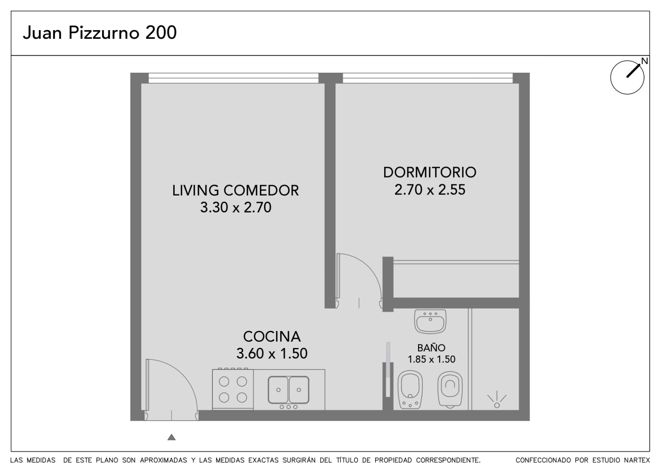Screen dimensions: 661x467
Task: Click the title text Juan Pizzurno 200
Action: pos(100,33)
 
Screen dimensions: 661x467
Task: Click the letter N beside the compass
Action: pos(644,61)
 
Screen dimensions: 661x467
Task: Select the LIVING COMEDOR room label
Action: pos(235,191)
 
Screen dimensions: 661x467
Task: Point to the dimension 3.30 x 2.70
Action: pos(236,207)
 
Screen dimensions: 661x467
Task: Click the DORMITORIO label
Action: pos(430,172)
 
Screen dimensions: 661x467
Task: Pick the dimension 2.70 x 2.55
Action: pos(430,190)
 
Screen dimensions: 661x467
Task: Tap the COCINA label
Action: pos(272,336)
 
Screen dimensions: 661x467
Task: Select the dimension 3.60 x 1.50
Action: pos(272,353)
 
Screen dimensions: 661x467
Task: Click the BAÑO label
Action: pos(431,348)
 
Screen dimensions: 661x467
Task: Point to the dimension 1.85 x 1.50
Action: pos(431,359)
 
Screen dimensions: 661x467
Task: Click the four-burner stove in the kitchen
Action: pos(233,389)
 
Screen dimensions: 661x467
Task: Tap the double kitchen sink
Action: pos(289,390)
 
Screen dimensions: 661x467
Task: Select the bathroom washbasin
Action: pos(430,322)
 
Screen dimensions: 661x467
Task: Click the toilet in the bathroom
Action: pos(450,390)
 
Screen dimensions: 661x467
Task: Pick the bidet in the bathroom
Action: pos(410,390)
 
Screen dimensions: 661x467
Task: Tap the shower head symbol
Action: pos(497,400)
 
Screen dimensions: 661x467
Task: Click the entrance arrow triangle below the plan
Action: pos(171,437)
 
